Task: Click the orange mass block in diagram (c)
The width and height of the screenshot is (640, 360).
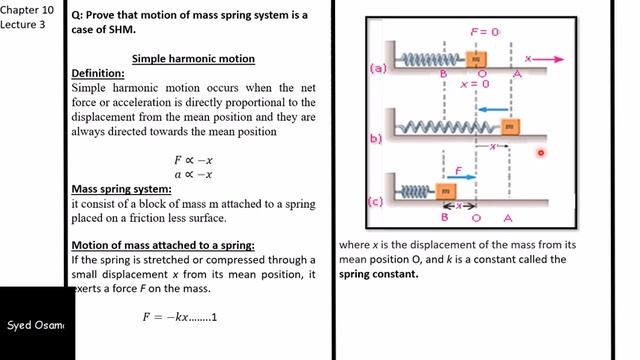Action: click(445, 190)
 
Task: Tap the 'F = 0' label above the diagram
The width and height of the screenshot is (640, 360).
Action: click(484, 32)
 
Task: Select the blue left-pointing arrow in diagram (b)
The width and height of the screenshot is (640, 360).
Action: click(490, 109)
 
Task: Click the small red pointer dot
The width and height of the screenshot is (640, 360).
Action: click(541, 153)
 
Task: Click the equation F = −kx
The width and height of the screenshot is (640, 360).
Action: click(180, 317)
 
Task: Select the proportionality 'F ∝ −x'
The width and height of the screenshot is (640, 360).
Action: click(193, 160)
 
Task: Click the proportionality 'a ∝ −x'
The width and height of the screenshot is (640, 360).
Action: click(193, 174)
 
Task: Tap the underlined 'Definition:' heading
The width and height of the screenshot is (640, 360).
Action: click(98, 74)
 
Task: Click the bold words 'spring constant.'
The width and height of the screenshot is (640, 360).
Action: click(379, 273)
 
